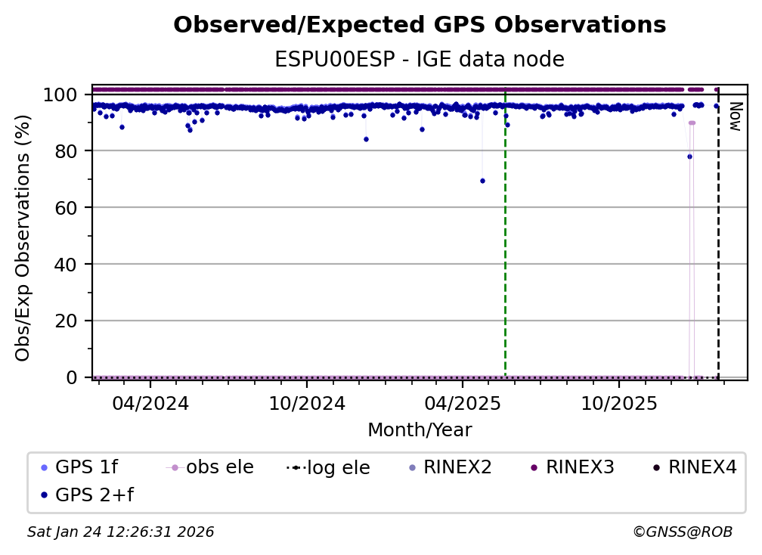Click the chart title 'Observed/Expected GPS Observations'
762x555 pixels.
click(420, 26)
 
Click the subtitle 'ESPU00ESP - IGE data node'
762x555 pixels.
click(420, 60)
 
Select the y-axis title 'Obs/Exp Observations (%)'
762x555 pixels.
click(23, 237)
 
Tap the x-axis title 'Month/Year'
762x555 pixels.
click(420, 430)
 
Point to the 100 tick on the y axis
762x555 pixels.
click(60, 95)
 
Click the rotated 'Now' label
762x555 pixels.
click(733, 116)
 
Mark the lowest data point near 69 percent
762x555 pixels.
click(482, 181)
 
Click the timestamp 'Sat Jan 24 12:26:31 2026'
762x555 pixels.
click(121, 532)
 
